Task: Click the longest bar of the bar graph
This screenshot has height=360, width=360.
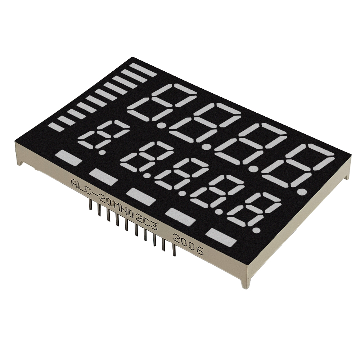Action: pos(143,70)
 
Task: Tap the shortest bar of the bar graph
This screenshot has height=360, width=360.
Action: pos(56,127)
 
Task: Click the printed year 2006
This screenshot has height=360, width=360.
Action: pos(189,244)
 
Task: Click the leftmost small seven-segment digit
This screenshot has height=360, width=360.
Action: pos(103,135)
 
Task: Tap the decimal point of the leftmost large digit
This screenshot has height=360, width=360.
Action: pos(163,125)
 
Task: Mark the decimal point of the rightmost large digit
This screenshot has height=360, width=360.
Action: pos(303,191)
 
